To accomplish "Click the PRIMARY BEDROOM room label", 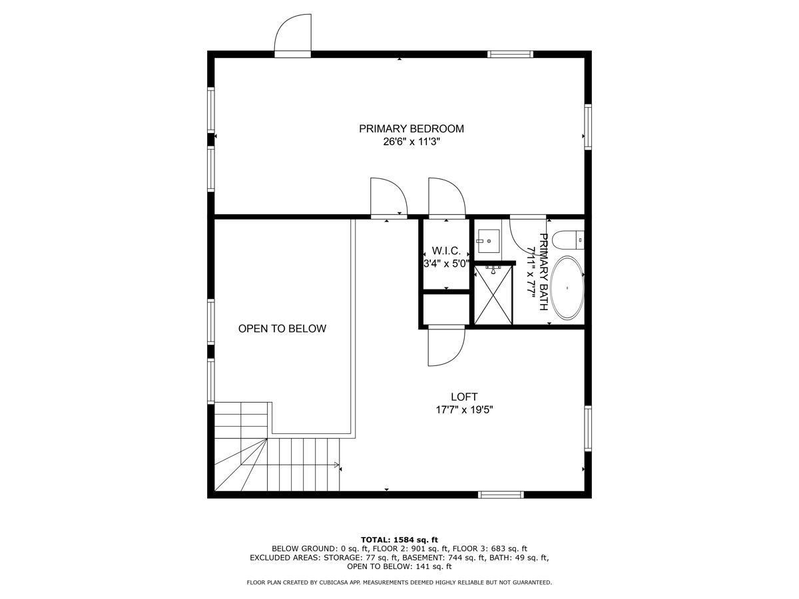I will [411, 128].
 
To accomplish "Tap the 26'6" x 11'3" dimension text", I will [411, 142].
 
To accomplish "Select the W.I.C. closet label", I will [446, 250].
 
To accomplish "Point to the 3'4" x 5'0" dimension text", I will [446, 263].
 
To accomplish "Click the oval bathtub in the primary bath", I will [567, 288].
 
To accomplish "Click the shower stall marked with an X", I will [493, 295].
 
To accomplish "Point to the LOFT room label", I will [464, 397].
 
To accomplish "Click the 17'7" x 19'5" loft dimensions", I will [464, 410].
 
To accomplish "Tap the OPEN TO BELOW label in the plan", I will [282, 328].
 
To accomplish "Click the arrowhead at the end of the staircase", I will [338, 465].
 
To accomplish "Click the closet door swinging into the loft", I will [445, 346].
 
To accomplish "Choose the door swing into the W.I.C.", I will [446, 198].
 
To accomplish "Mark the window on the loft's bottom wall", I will [501, 494].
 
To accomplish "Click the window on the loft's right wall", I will [588, 427].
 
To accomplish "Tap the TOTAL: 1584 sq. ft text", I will [399, 539].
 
